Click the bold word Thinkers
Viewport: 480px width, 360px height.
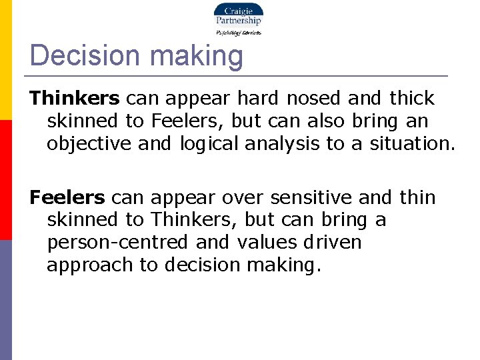click(75, 99)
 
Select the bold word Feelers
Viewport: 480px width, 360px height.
click(67, 198)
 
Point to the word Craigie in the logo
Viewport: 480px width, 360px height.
click(238, 11)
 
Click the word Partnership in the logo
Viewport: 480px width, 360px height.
click(238, 21)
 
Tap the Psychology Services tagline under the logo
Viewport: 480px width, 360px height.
click(238, 32)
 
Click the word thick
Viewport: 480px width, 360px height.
click(411, 99)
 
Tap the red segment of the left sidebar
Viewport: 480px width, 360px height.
click(5, 180)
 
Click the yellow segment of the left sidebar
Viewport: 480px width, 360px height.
click(5, 60)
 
